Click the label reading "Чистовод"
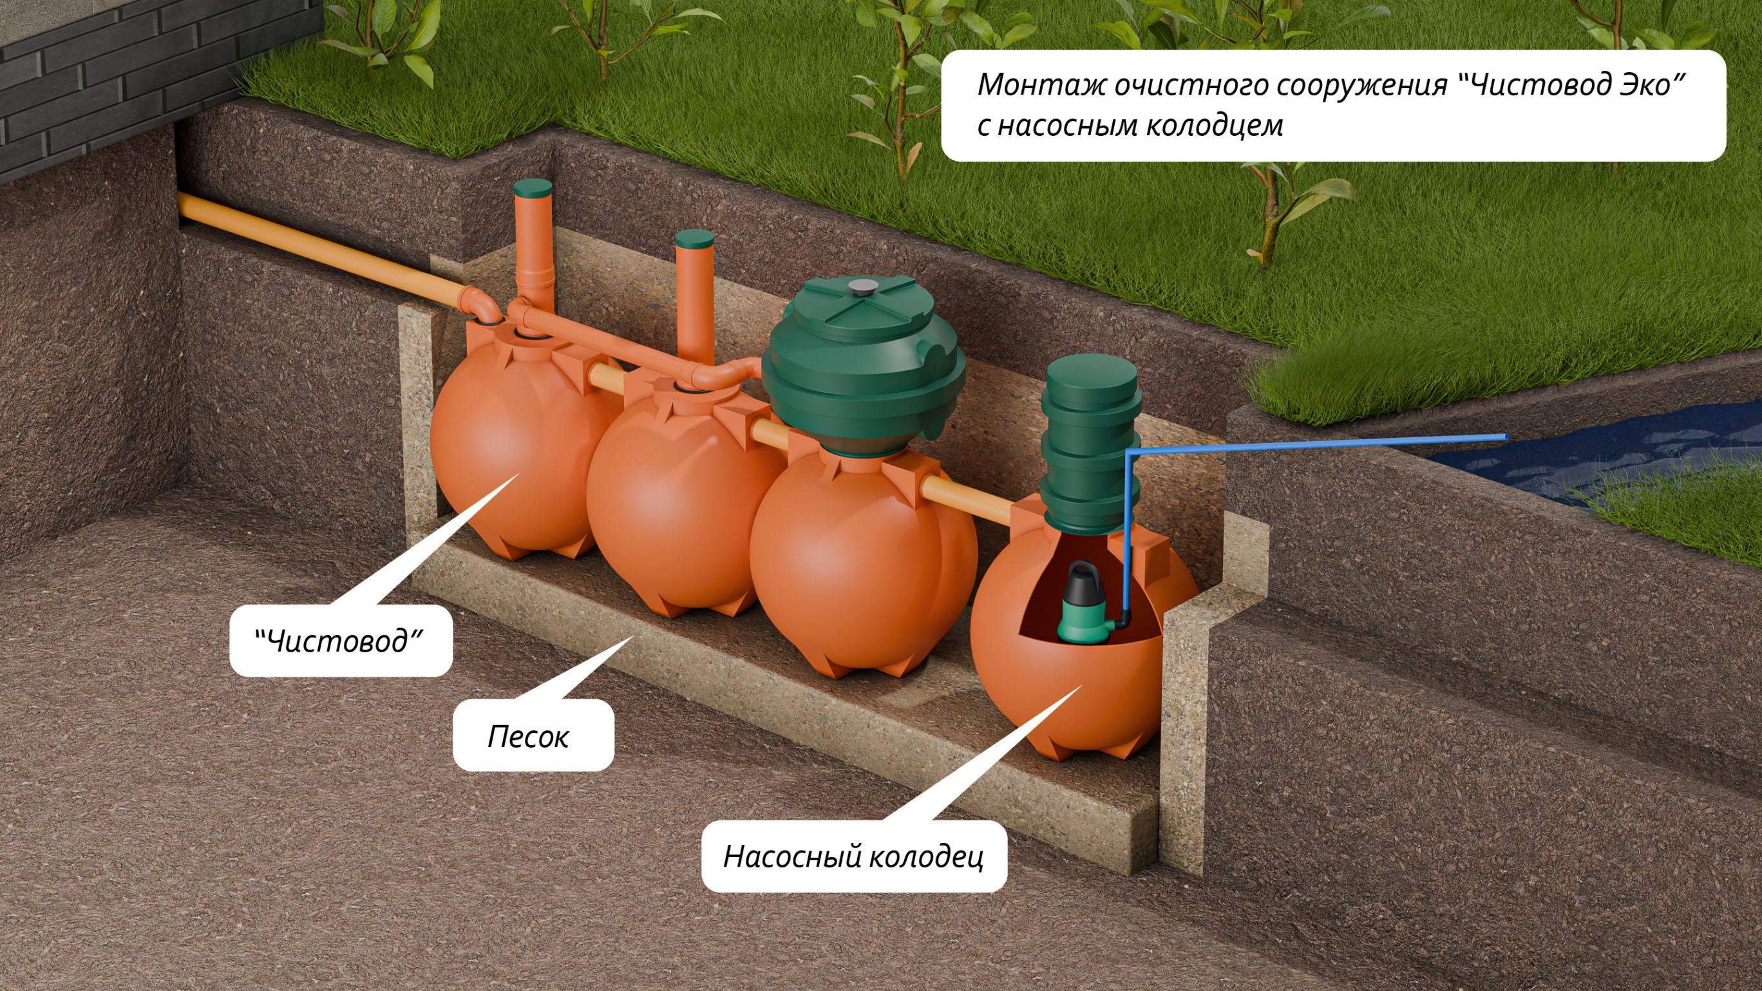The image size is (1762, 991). [x=339, y=641]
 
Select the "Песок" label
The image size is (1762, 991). [x=528, y=737]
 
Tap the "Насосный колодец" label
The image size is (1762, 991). [x=854, y=856]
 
